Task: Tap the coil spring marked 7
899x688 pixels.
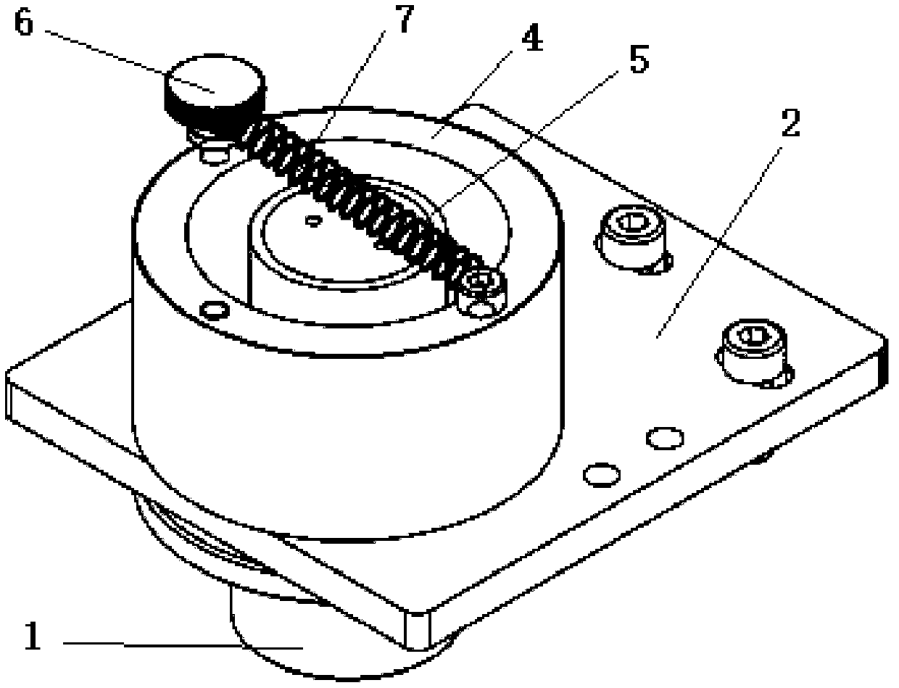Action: (362, 196)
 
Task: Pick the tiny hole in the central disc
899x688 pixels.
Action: (313, 220)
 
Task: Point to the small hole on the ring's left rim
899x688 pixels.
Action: (213, 311)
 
